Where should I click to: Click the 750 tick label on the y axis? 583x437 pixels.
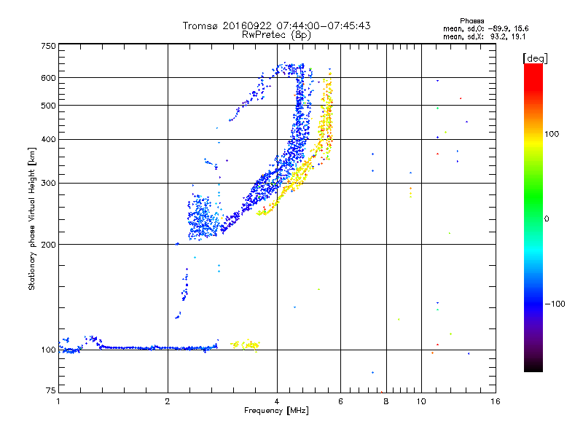[x=48, y=45]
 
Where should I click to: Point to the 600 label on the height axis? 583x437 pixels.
[x=48, y=77]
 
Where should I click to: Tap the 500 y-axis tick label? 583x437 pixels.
[x=48, y=106]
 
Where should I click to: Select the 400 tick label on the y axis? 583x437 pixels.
[x=48, y=139]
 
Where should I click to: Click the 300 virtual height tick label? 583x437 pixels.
[x=48, y=183]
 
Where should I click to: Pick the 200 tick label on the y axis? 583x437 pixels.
[x=48, y=244]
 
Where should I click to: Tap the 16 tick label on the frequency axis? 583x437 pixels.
[x=495, y=401]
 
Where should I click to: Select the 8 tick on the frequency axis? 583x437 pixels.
[x=386, y=401]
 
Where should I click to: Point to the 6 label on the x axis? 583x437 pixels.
[x=340, y=401]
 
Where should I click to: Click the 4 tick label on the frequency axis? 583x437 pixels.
[x=277, y=401]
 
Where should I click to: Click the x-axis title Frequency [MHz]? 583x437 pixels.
[x=276, y=411]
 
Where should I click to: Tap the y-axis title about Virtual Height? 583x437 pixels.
[x=32, y=219]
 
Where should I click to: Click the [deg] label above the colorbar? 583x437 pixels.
[x=535, y=58]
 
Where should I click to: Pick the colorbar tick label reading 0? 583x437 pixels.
[x=547, y=219]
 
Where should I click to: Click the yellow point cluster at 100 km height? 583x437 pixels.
[x=246, y=344]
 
